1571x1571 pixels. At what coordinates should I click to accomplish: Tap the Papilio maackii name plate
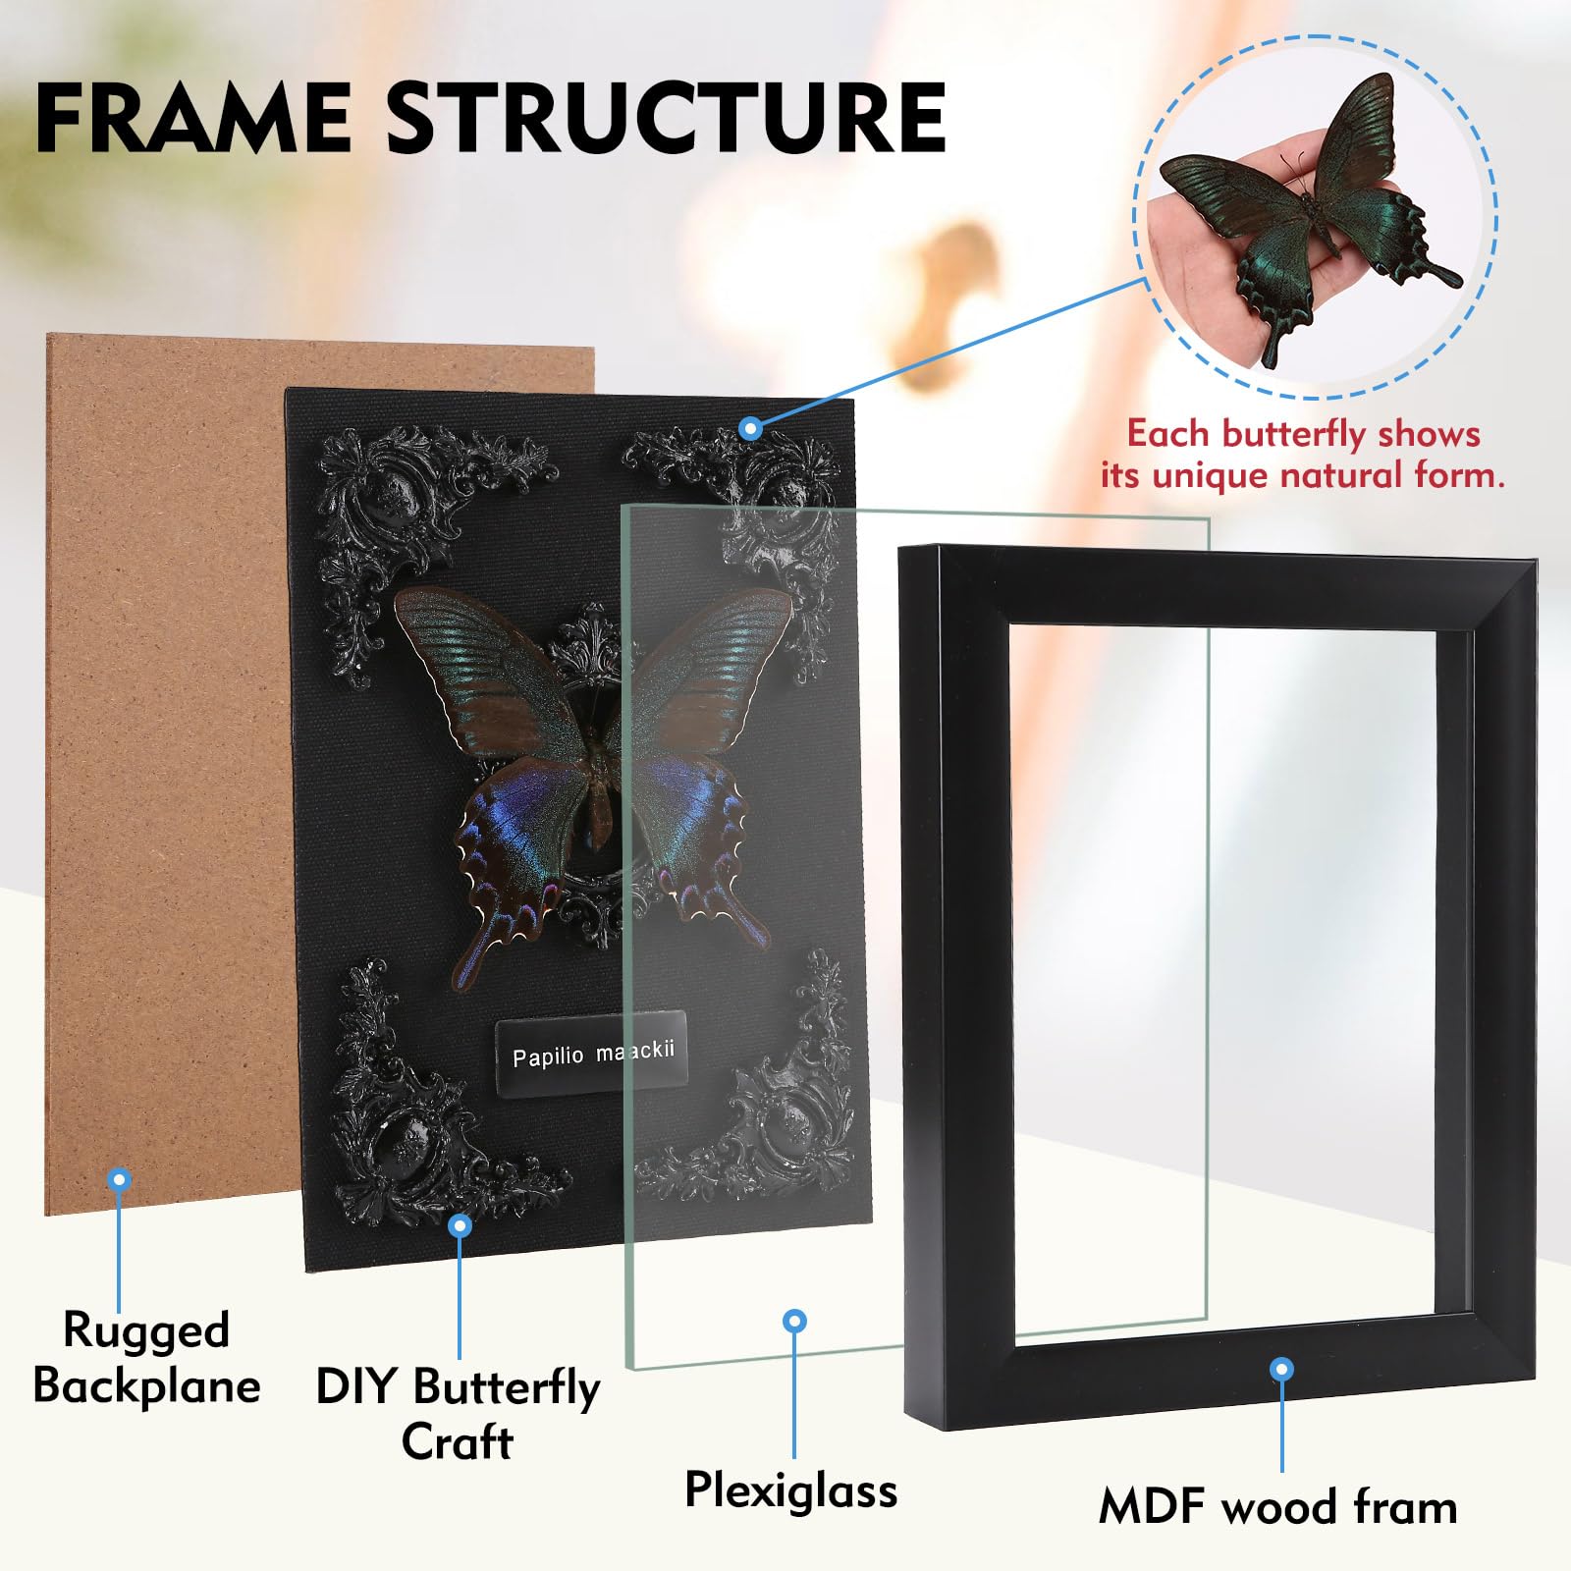(591, 1054)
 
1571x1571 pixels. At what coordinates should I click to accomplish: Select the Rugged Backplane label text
(146, 1358)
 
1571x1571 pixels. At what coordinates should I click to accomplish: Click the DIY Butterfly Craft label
(458, 1414)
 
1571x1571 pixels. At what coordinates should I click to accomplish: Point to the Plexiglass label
(790, 1490)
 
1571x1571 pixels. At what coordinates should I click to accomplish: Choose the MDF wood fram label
(1277, 1507)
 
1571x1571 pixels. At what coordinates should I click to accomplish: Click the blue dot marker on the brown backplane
(119, 1179)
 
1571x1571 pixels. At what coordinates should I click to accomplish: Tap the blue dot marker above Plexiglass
(795, 1322)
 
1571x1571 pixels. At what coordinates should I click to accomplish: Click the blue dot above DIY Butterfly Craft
(460, 1225)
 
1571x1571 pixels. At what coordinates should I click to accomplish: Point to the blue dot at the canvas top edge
(751, 428)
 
